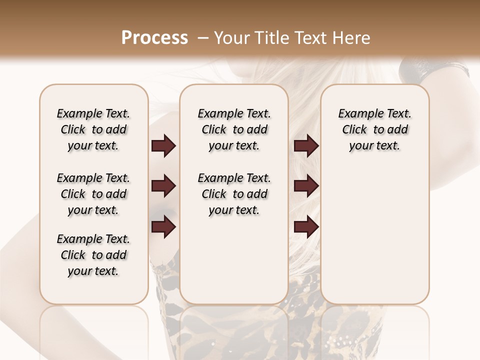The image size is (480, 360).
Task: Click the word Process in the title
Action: click(x=154, y=38)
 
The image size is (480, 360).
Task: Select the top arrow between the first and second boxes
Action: click(x=163, y=146)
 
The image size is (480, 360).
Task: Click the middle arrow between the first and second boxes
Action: click(x=163, y=186)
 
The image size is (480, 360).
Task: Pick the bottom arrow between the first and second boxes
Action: click(x=163, y=227)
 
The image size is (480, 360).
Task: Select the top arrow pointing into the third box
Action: click(x=306, y=146)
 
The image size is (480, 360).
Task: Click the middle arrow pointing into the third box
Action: click(x=306, y=186)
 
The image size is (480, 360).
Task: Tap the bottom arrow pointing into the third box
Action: click(x=306, y=227)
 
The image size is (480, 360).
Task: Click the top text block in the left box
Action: click(x=93, y=129)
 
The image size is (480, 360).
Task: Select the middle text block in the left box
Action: click(x=93, y=194)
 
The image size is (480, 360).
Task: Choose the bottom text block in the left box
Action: click(x=93, y=255)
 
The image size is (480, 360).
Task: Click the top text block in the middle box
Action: click(x=234, y=129)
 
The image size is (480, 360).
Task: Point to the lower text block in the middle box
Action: click(x=234, y=194)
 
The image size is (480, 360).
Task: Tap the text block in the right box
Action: click(x=374, y=129)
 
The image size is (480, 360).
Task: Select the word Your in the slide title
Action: click(x=229, y=38)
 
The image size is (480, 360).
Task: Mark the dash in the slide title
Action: click(x=203, y=38)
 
